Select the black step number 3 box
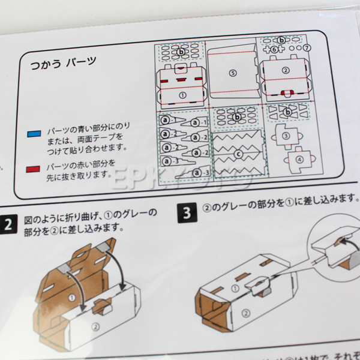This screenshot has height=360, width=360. click(187, 212)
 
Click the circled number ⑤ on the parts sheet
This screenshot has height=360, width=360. click(233, 73)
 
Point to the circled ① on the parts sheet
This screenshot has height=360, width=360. click(183, 95)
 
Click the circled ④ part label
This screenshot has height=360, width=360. click(299, 160)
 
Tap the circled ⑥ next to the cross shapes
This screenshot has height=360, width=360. click(274, 49)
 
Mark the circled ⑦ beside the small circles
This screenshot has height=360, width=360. click(306, 47)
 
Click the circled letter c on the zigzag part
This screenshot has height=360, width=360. click(238, 154)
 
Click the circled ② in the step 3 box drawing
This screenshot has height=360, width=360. click(245, 313)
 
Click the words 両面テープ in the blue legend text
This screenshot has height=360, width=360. click(103, 138)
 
